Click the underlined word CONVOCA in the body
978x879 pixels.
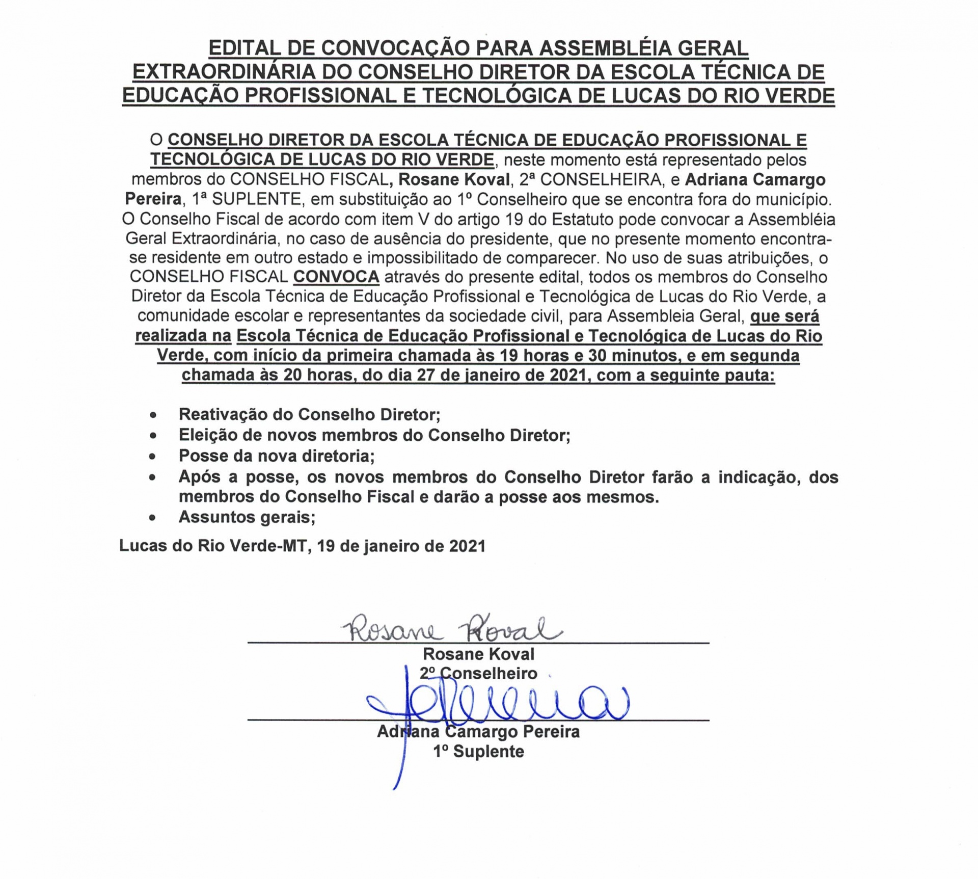(336, 277)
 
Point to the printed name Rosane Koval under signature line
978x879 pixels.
(478, 654)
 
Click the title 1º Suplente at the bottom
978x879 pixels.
(478, 751)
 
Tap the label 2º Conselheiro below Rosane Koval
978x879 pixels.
(478, 673)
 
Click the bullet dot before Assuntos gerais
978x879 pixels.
(153, 518)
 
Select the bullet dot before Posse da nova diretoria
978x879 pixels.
(153, 457)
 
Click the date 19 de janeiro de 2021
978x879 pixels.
(401, 546)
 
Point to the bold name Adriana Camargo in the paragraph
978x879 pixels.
(755, 180)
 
